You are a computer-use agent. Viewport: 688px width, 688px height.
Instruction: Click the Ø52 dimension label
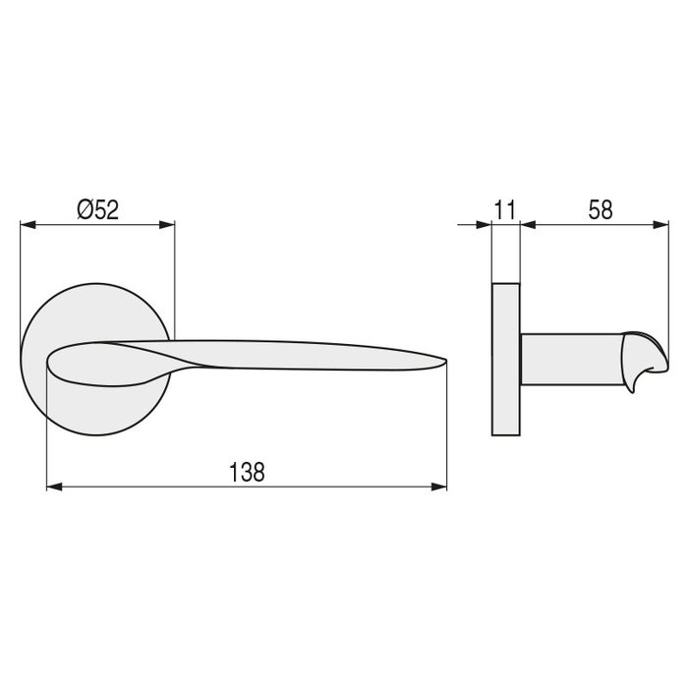click(x=97, y=209)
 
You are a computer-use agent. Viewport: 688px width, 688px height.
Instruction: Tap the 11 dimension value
click(x=505, y=209)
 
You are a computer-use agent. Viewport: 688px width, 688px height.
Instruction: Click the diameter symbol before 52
click(x=85, y=209)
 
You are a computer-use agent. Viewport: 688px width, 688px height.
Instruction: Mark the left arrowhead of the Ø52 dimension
click(x=27, y=225)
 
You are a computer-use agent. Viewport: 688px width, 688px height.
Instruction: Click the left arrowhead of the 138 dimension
click(x=54, y=487)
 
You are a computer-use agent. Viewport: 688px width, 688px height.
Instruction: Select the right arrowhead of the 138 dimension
click(x=439, y=487)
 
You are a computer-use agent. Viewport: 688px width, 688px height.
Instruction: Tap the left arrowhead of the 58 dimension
click(x=528, y=225)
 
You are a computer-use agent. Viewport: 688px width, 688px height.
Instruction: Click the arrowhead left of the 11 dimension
click(x=484, y=225)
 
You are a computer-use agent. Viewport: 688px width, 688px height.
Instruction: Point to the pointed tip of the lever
click(x=445, y=361)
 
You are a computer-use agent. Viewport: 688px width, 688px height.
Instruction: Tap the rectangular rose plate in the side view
click(x=505, y=361)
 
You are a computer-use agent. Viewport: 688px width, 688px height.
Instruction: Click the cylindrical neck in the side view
click(x=565, y=361)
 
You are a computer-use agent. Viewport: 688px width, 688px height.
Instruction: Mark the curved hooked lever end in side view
click(x=636, y=364)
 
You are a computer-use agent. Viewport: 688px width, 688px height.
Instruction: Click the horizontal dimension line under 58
click(x=590, y=225)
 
